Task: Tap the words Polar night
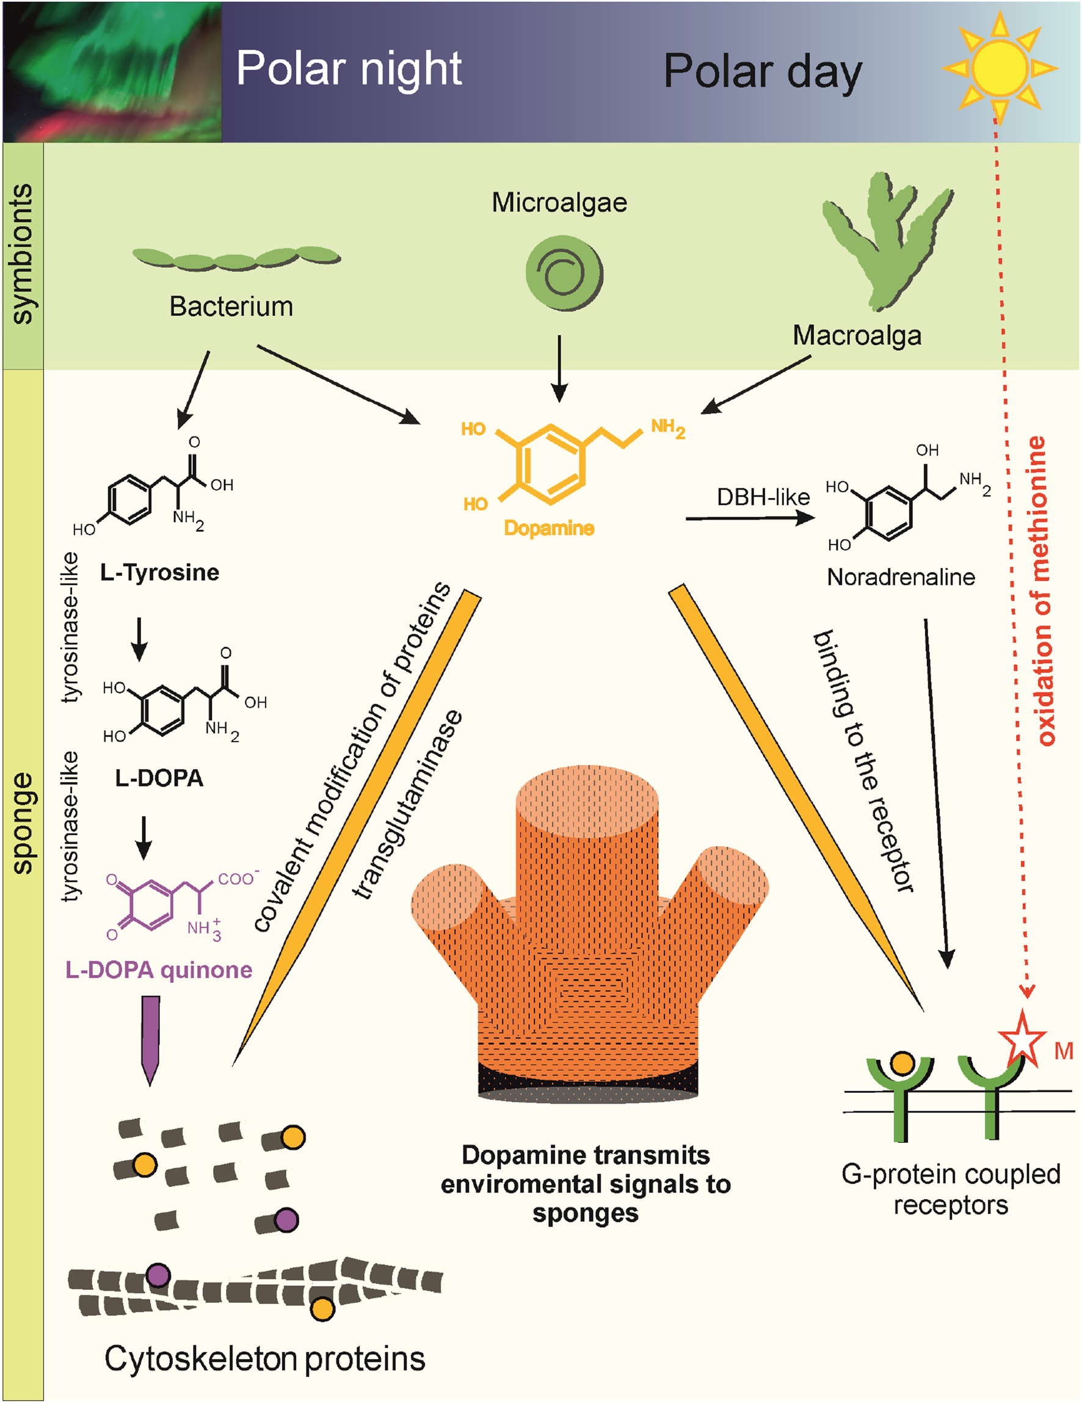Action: click(349, 68)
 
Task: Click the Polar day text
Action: click(763, 71)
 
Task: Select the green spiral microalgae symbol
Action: click(564, 273)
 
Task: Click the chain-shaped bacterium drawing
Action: click(236, 258)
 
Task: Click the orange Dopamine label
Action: click(549, 528)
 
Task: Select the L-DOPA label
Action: click(159, 778)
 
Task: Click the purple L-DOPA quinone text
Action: click(159, 970)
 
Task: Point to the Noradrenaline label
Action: click(901, 577)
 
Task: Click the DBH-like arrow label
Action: click(763, 496)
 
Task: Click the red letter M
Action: click(1063, 1051)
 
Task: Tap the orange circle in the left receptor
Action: click(902, 1063)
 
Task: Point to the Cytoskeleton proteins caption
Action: click(265, 1358)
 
